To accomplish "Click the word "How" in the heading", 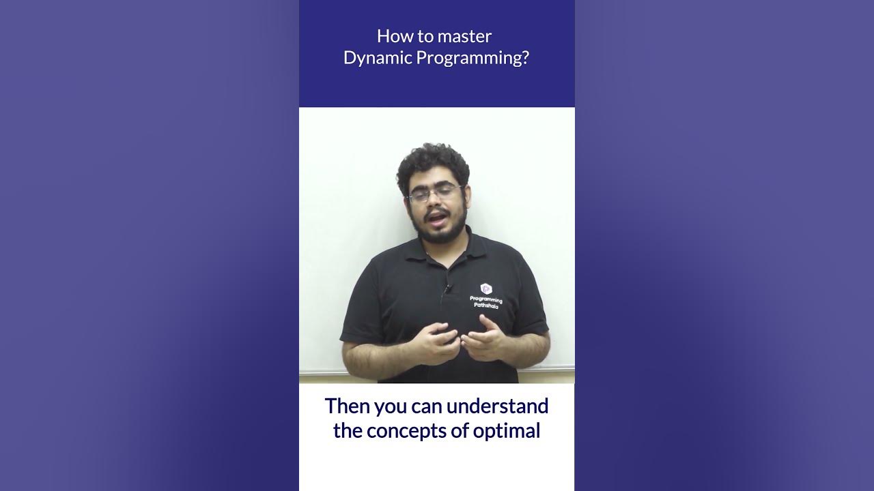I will pos(390,36).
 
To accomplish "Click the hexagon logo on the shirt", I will pos(486,288).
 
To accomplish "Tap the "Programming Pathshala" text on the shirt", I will pos(486,303).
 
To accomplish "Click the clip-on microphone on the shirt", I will pos(447,289).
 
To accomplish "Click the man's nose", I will pos(435,203).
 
